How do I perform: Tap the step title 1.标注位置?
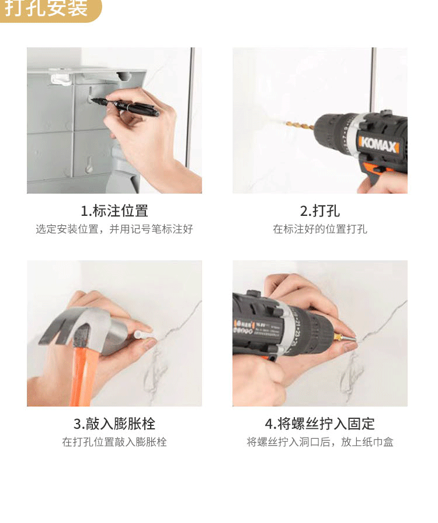[114, 211]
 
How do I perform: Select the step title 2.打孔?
[319, 211]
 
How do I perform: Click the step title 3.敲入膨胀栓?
[114, 424]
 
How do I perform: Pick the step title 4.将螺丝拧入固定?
[319, 424]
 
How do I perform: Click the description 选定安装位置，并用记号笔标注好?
[114, 229]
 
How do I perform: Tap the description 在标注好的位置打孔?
[319, 229]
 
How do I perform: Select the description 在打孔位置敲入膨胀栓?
[114, 442]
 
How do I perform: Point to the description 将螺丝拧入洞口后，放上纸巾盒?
[319, 442]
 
